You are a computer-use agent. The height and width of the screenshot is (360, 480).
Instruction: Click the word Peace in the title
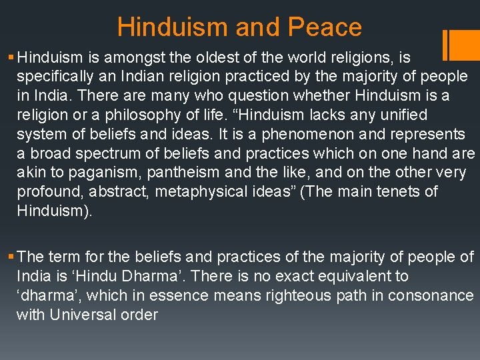[325, 27]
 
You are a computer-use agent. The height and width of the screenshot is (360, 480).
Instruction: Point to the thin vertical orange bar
[445, 45]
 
